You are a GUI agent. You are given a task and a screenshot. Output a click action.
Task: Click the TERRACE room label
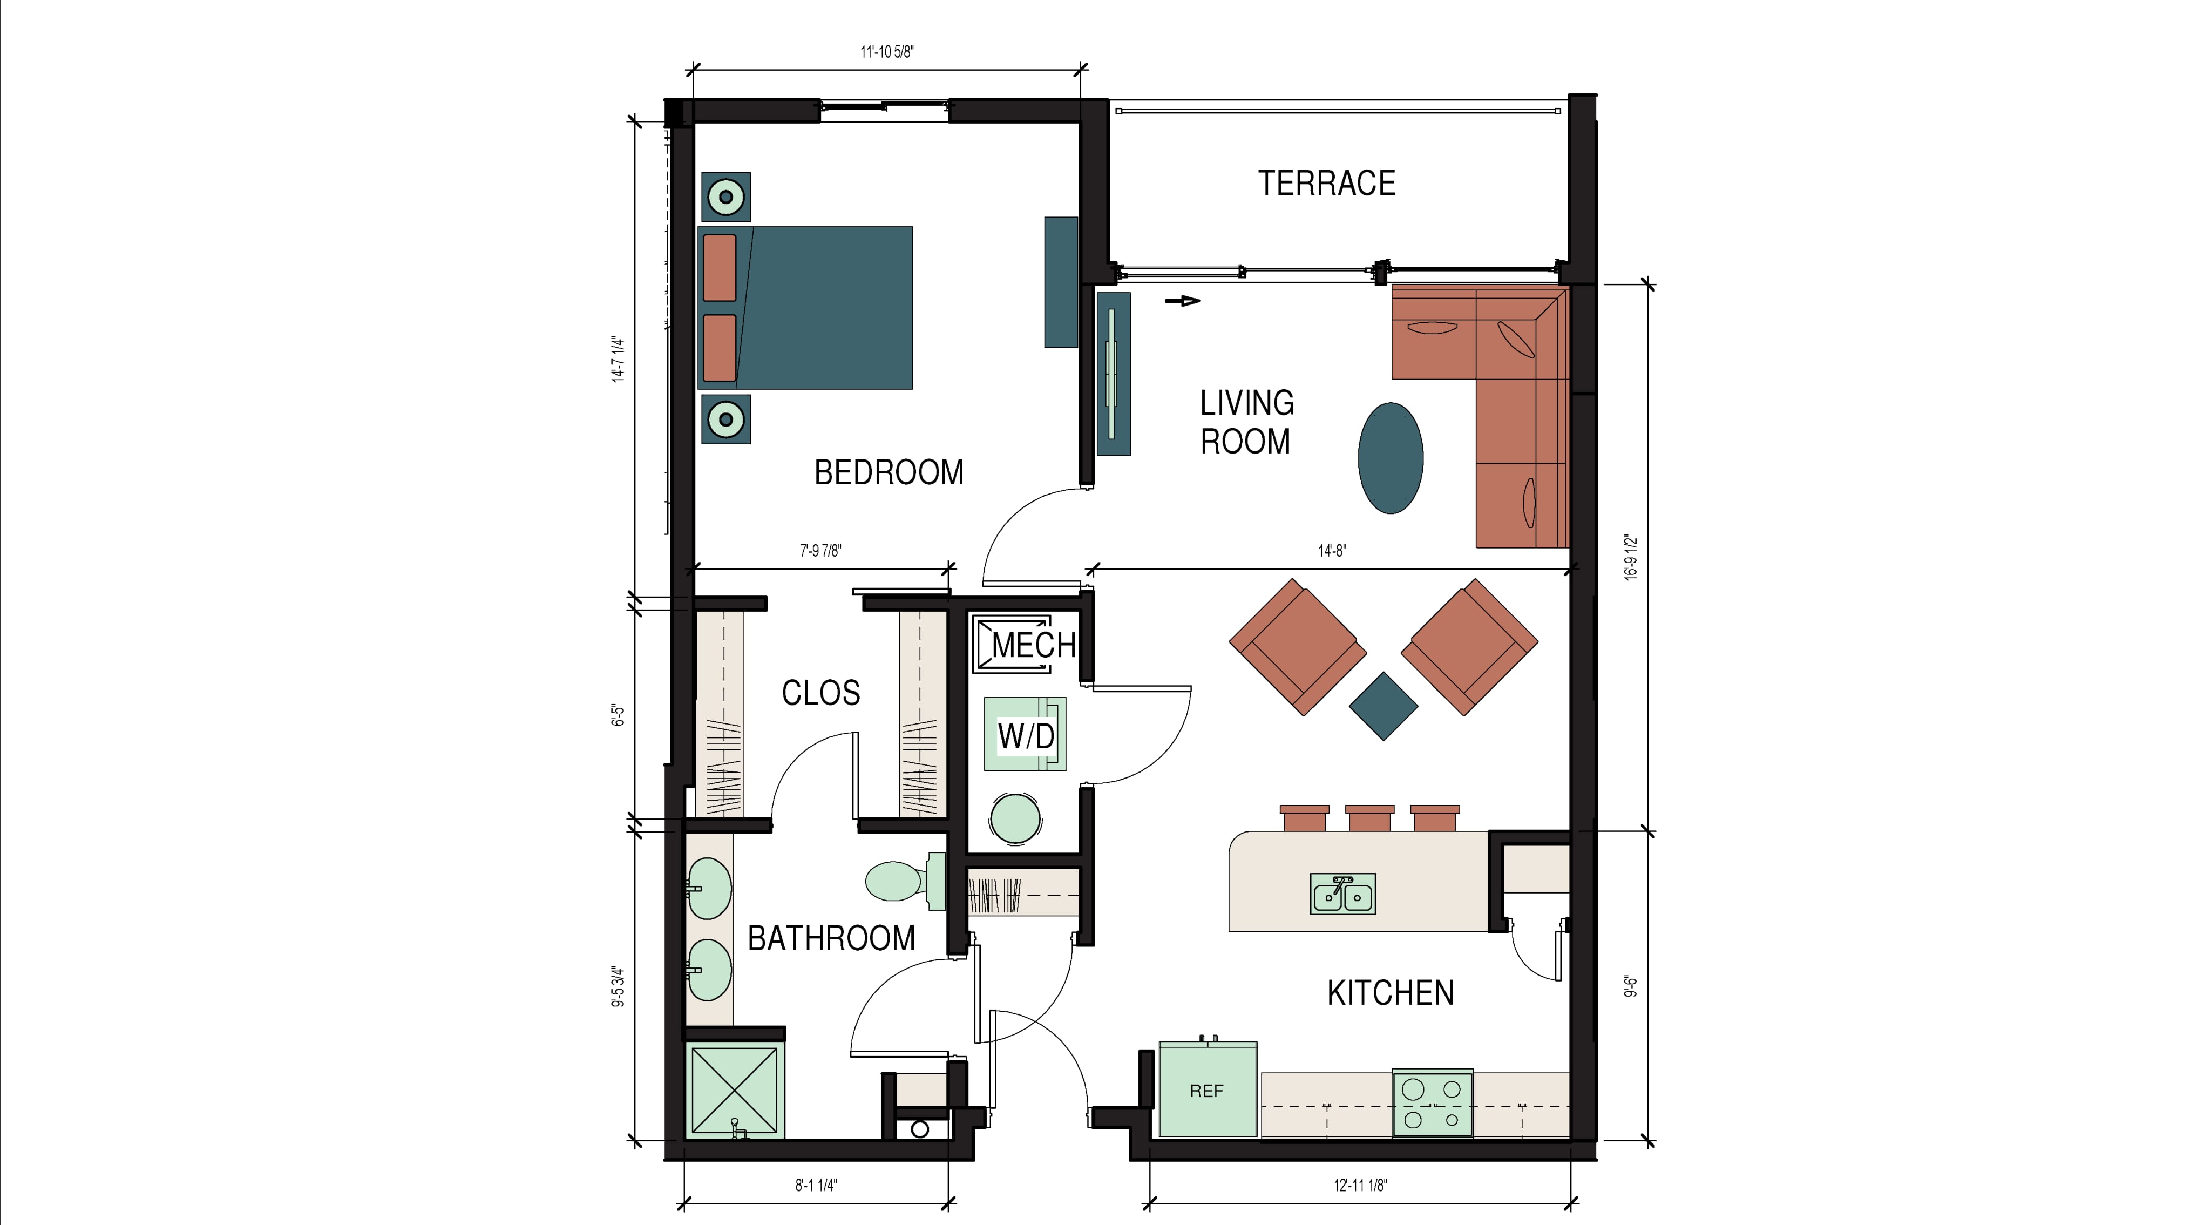pos(1326,183)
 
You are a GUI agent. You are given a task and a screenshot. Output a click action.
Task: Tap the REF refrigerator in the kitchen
pos(1208,1088)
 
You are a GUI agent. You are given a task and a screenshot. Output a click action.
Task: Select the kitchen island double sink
pos(1342,894)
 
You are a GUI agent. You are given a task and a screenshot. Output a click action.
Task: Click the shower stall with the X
pos(735,1090)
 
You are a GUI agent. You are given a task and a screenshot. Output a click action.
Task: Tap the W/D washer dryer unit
pos(1025,734)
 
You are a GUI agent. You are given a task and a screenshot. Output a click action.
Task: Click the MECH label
pos(1033,645)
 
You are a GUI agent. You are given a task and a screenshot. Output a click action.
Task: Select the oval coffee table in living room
pos(1391,458)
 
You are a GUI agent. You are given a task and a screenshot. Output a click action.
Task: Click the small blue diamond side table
pos(1383,706)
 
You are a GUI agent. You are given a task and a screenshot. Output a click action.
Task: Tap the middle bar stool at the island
pos(1369,818)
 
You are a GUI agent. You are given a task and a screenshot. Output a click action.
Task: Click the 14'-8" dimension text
pos(1332,550)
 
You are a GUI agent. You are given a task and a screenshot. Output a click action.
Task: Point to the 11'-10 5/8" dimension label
pos(887,51)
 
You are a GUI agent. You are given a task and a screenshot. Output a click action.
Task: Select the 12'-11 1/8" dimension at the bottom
pos(1360,1186)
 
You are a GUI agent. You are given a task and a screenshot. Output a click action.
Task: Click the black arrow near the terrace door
pos(1183,301)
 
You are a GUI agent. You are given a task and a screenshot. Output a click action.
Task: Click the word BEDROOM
pos(889,472)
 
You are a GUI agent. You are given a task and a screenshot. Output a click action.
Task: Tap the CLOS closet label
pos(820,693)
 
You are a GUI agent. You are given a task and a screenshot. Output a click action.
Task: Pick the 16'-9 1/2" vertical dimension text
pos(1631,558)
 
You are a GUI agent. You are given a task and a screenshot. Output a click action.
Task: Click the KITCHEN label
pos(1391,993)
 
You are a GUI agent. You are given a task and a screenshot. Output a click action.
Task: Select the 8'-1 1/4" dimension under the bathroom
pos(816,1186)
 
